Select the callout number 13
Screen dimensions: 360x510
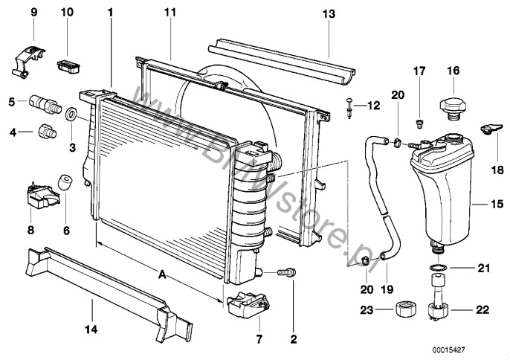coord(329,13)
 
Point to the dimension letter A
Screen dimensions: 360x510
coord(162,274)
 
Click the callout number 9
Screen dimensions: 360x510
coord(33,13)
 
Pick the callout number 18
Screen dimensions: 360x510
coord(494,169)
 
